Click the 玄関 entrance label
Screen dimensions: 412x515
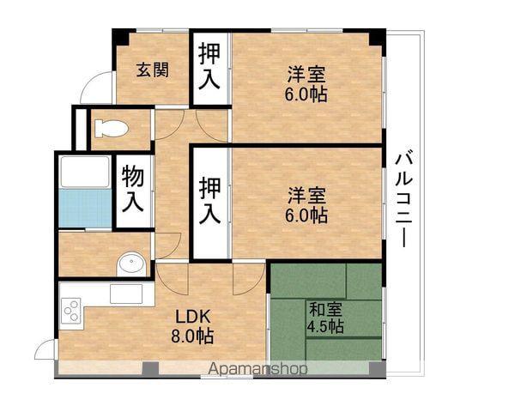click(x=154, y=70)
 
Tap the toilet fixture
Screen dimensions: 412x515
click(x=112, y=129)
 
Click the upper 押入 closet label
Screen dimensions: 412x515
click(x=209, y=67)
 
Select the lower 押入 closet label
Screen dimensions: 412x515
click(x=209, y=201)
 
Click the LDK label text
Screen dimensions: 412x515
click(x=191, y=313)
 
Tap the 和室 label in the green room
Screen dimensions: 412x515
click(x=324, y=308)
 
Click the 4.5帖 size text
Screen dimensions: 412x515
click(x=326, y=327)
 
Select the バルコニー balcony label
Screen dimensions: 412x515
click(x=405, y=198)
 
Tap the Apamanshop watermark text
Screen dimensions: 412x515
click(x=257, y=370)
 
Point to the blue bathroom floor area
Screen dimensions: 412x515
click(x=85, y=209)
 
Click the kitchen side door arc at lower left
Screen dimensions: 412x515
click(x=45, y=350)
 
